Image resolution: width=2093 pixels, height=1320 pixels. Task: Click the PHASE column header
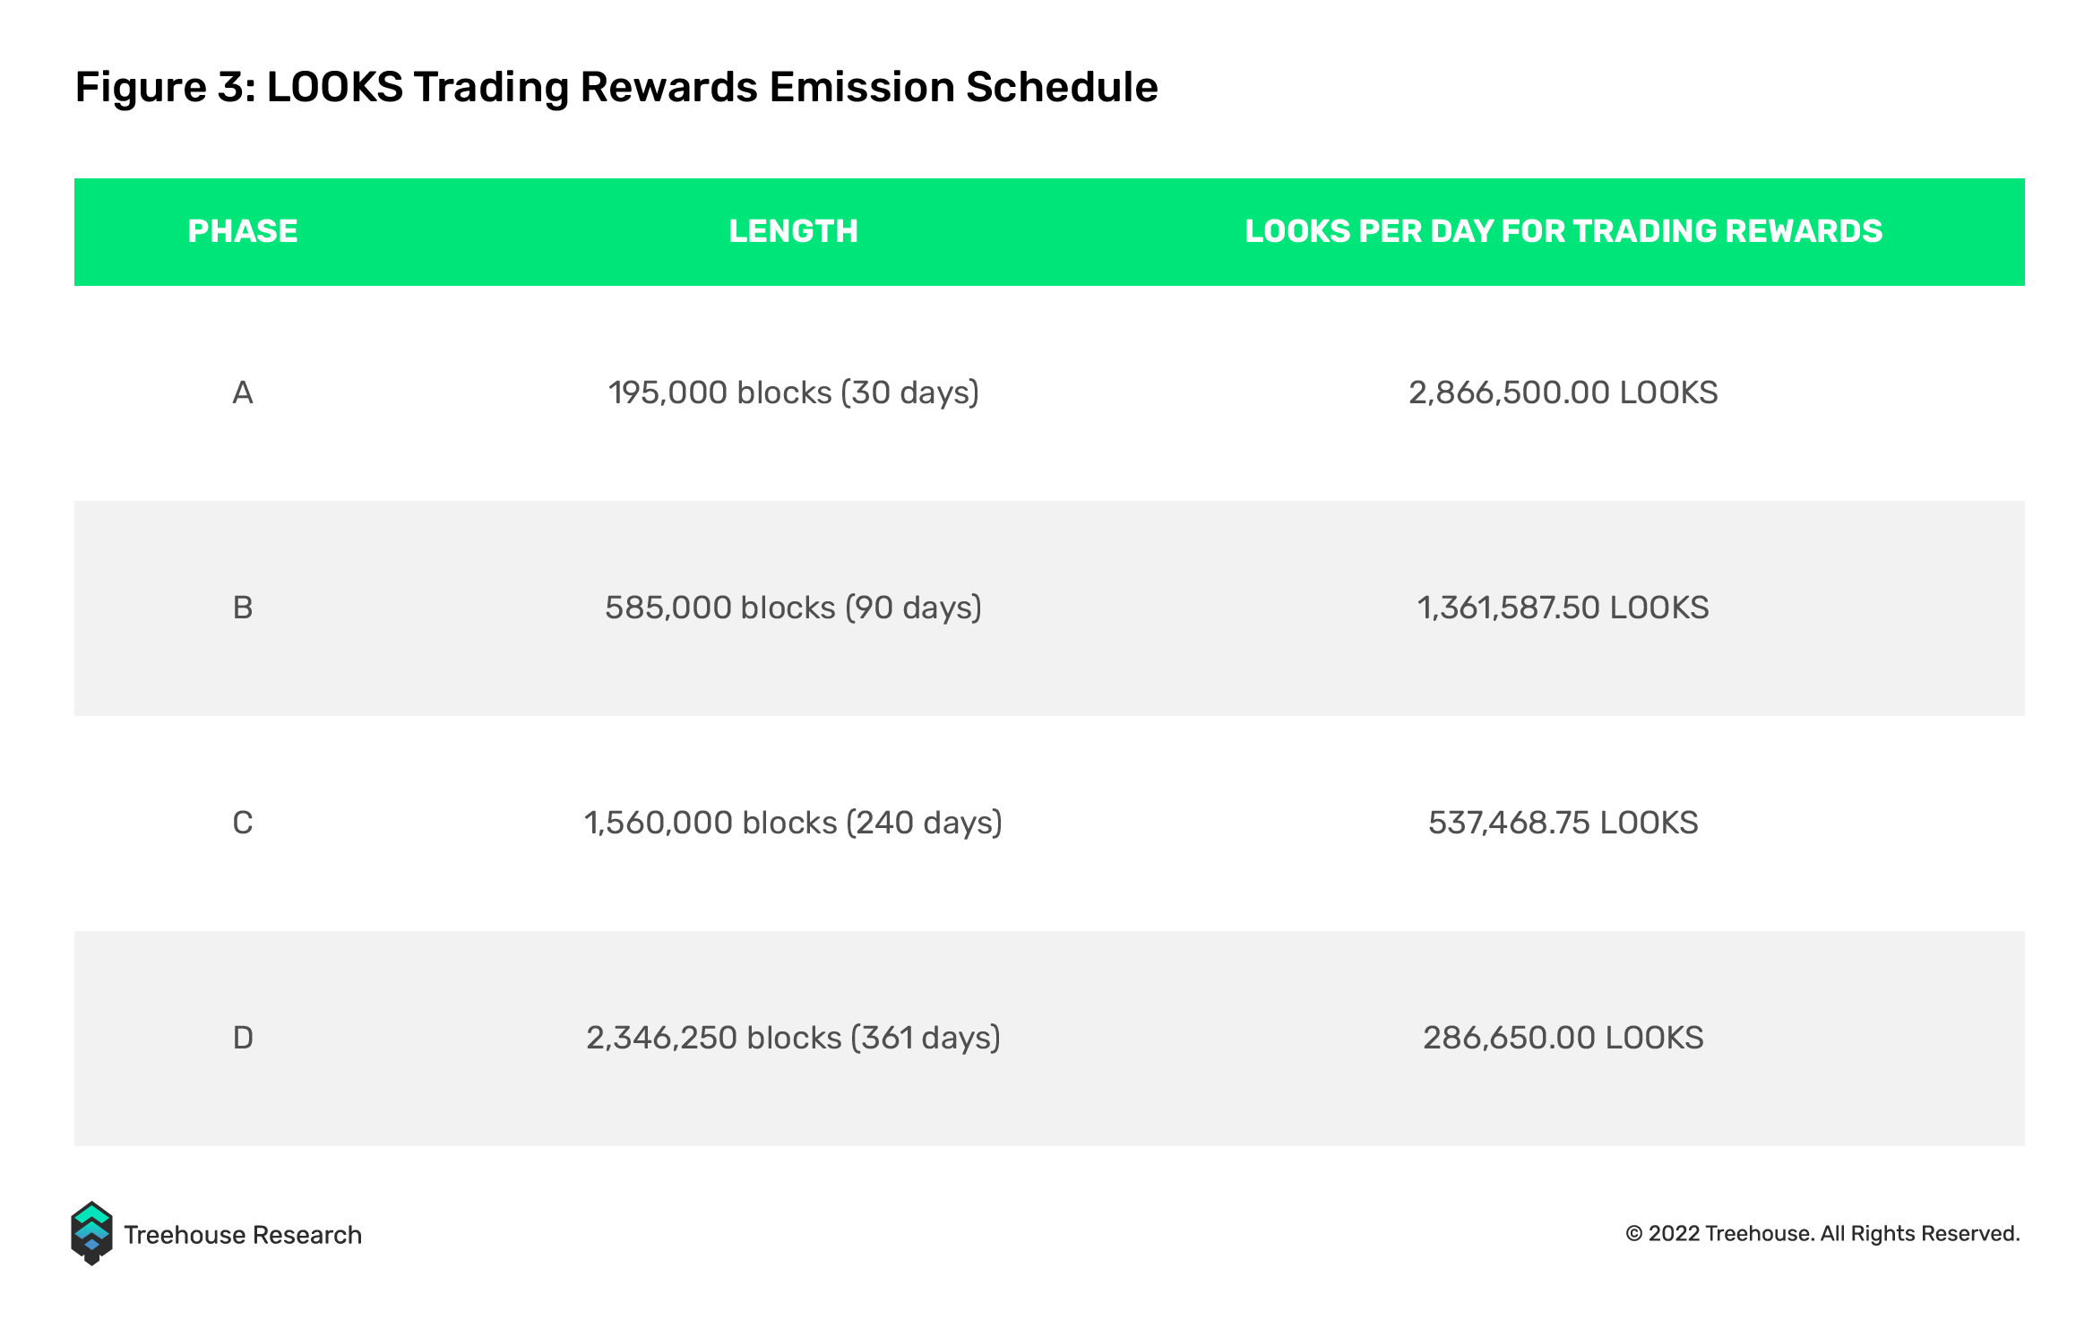click(x=242, y=231)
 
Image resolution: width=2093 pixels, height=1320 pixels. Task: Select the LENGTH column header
click(x=793, y=231)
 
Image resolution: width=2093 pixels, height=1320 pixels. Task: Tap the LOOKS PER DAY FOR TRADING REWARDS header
click(x=1563, y=231)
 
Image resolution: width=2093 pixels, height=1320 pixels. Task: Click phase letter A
click(x=242, y=393)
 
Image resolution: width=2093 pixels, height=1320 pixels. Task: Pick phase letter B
click(x=243, y=608)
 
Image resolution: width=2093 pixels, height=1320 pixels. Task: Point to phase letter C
click(x=243, y=823)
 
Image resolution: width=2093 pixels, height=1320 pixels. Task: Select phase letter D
click(x=243, y=1038)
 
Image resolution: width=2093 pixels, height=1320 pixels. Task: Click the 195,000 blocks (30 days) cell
click(x=794, y=393)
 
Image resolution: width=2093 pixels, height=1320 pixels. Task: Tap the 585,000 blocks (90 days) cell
click(x=794, y=608)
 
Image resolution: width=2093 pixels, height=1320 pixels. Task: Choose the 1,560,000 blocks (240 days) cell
click(x=794, y=824)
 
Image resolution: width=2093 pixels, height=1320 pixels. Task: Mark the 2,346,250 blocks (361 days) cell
click(x=794, y=1039)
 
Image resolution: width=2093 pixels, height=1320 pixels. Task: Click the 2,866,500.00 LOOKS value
click(x=1563, y=393)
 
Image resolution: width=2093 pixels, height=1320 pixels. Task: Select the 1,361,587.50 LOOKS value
click(x=1563, y=608)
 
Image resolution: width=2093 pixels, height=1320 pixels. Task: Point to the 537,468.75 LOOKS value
click(x=1563, y=824)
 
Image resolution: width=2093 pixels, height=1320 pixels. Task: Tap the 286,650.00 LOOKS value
click(x=1563, y=1039)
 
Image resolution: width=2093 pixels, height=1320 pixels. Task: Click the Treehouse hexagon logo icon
click(x=91, y=1233)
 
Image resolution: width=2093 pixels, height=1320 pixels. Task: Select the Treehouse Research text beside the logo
click(x=243, y=1235)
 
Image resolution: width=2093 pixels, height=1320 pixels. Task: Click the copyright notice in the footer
click(x=1822, y=1234)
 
